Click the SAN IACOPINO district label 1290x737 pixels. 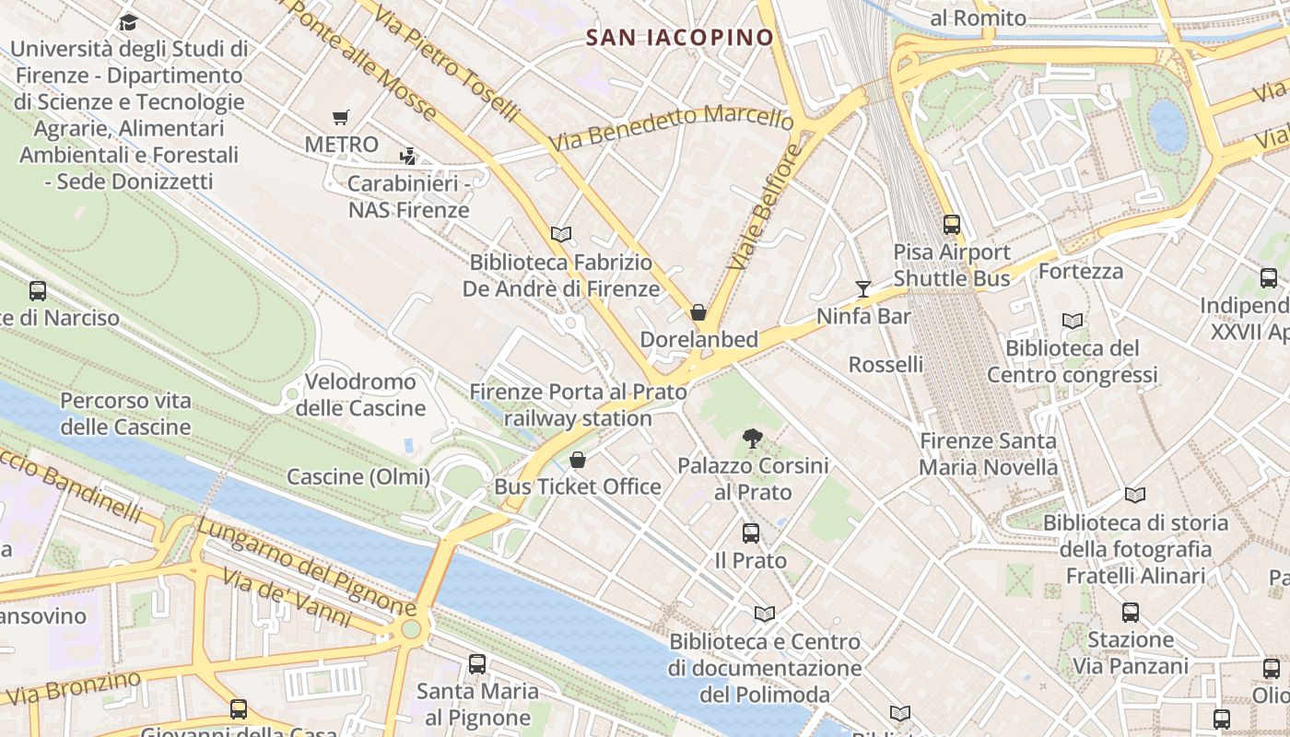point(680,38)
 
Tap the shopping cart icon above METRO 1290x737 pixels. point(341,117)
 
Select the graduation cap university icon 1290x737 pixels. point(128,22)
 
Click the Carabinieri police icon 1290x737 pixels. point(407,157)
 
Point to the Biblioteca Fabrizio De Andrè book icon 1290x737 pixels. point(561,234)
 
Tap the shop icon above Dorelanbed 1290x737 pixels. point(698,312)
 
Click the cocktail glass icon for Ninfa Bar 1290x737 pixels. point(862,289)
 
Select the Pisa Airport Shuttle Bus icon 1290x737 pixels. point(951,224)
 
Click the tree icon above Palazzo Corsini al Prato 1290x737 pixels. point(752,439)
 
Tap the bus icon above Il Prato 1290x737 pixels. point(751,532)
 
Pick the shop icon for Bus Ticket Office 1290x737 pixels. point(578,459)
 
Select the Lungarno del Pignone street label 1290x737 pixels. point(307,567)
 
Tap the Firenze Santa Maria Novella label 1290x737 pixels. point(988,453)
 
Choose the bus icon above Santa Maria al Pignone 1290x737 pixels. point(477,663)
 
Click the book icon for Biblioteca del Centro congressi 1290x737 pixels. point(1072,322)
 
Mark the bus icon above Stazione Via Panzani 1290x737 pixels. point(1131,612)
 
